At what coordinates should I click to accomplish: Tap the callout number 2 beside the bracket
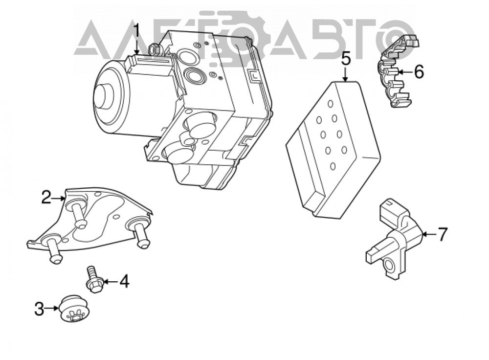[46, 197]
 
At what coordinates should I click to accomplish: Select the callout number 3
[39, 309]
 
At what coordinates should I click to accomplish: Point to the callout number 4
[124, 281]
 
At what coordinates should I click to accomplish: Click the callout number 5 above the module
[346, 59]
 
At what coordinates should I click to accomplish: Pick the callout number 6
[419, 72]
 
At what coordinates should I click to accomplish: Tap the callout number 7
[443, 234]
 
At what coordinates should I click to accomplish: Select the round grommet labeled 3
[74, 308]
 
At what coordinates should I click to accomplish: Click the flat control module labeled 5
[333, 149]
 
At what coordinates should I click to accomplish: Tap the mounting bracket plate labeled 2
[90, 222]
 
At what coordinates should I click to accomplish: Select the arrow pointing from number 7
[430, 234]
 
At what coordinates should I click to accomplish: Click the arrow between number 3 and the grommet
[52, 308]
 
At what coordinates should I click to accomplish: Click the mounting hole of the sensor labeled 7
[390, 265]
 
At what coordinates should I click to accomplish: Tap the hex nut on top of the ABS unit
[155, 49]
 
